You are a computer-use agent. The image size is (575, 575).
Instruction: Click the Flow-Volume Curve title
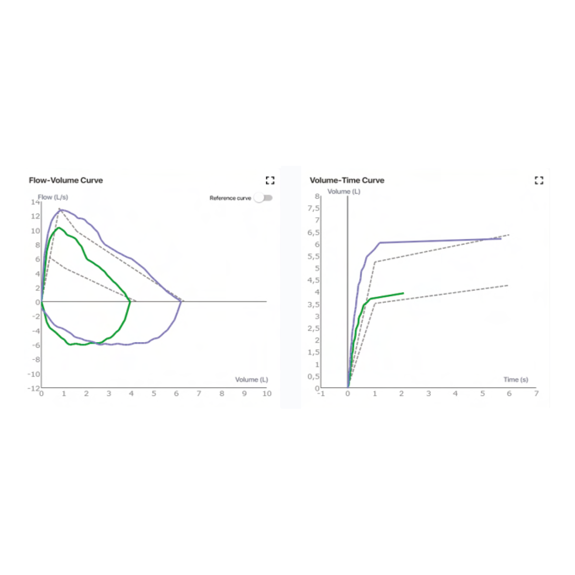pyautogui.click(x=66, y=180)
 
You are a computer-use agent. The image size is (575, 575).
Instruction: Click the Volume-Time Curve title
pyautogui.click(x=347, y=180)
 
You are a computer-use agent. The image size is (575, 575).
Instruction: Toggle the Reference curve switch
pyautogui.click(x=264, y=198)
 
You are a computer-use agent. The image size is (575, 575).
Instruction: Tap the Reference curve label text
pyautogui.click(x=230, y=198)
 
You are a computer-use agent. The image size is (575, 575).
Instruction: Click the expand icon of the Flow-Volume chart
pyautogui.click(x=270, y=180)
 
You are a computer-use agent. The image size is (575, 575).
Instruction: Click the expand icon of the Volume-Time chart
pyautogui.click(x=539, y=180)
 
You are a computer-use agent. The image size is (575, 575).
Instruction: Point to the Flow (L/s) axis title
pyautogui.click(x=53, y=197)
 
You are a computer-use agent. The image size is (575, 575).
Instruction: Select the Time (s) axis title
pyautogui.click(x=516, y=379)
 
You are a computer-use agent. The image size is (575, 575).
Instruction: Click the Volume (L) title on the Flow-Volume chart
pyautogui.click(x=252, y=379)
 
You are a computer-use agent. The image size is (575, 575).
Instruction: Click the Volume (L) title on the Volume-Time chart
pyautogui.click(x=344, y=191)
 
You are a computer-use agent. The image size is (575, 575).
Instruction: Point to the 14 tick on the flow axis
pyautogui.click(x=35, y=202)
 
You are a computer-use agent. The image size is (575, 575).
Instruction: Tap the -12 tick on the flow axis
pyautogui.click(x=33, y=388)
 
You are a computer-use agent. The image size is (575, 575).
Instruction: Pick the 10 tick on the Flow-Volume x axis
pyautogui.click(x=267, y=394)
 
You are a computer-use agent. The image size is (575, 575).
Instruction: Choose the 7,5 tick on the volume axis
pyautogui.click(x=313, y=208)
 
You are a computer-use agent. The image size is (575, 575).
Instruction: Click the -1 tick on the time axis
pyautogui.click(x=321, y=394)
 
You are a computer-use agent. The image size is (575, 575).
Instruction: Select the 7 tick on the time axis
pyautogui.click(x=536, y=394)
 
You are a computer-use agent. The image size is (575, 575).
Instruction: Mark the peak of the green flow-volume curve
pyautogui.click(x=58, y=228)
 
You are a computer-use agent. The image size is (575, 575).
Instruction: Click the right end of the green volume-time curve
pyautogui.click(x=403, y=293)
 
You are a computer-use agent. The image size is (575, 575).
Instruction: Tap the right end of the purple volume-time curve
pyautogui.click(x=501, y=239)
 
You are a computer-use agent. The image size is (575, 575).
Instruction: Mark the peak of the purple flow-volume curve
pyautogui.click(x=60, y=209)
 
